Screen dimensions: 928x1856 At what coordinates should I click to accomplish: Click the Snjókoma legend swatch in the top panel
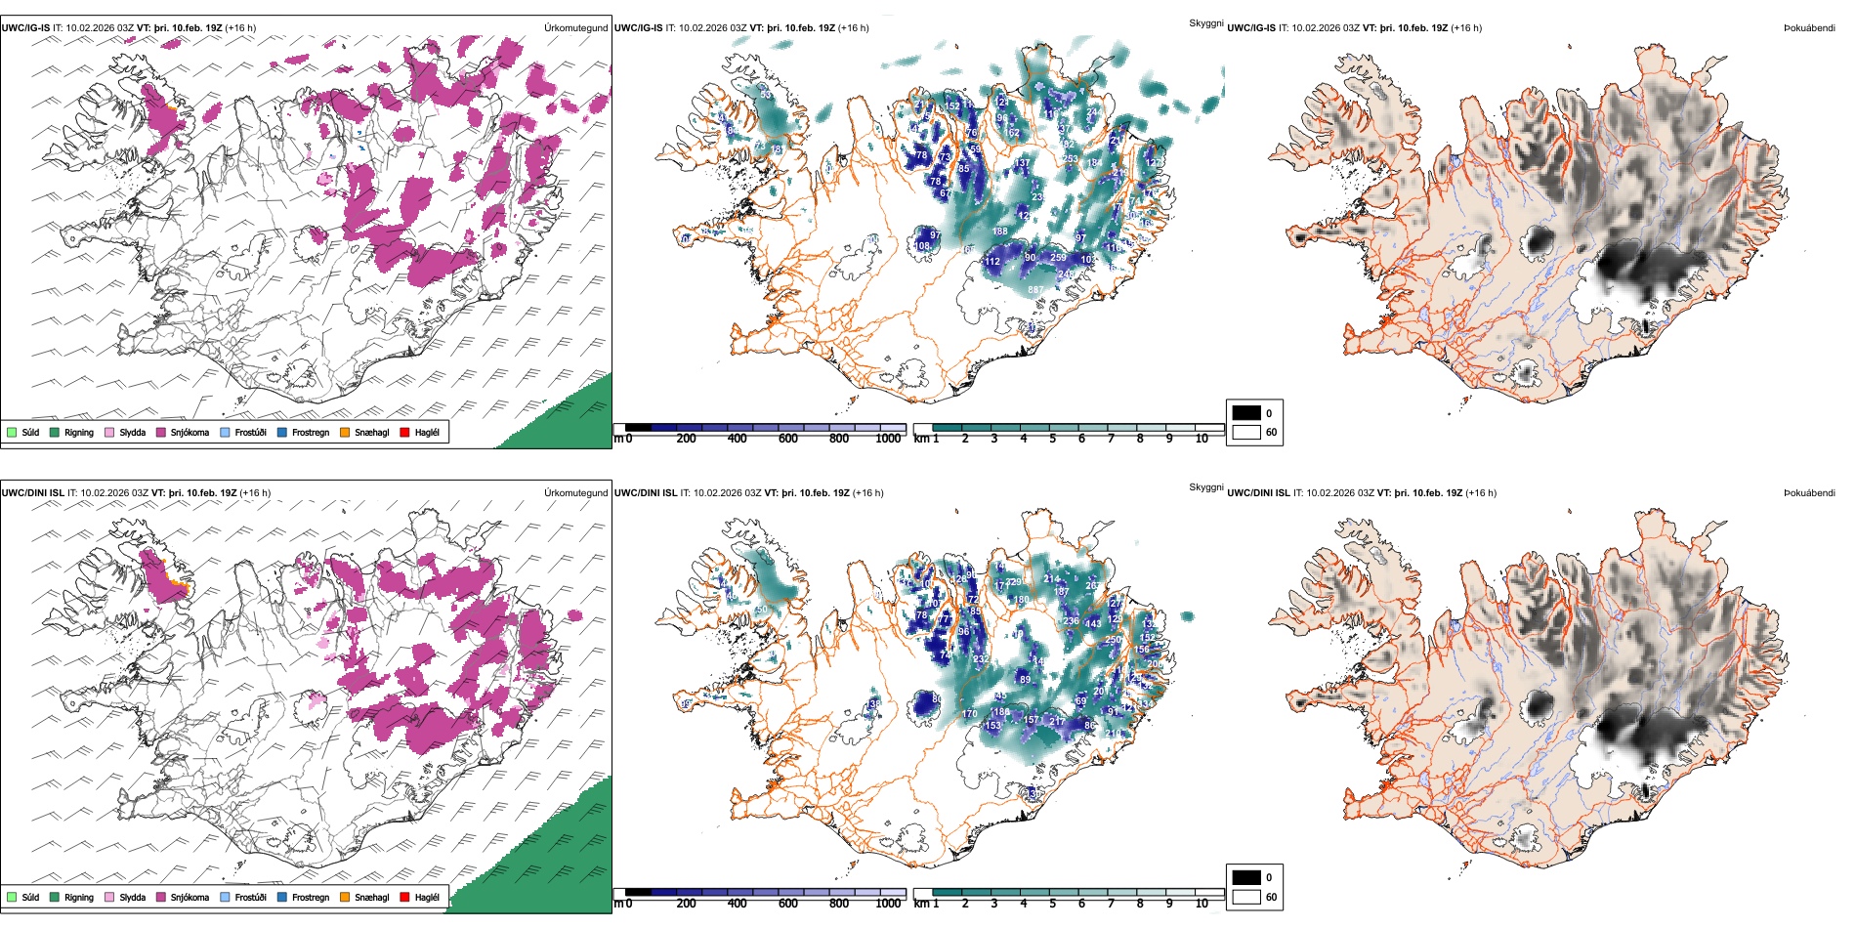pyautogui.click(x=161, y=432)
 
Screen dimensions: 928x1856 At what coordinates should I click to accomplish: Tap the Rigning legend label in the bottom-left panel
pyautogui.click(x=79, y=897)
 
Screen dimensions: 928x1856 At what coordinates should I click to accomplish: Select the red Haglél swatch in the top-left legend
pyautogui.click(x=405, y=432)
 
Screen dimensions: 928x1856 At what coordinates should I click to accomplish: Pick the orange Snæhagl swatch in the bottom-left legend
pyautogui.click(x=345, y=897)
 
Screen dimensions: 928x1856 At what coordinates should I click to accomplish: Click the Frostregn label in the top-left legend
pyautogui.click(x=311, y=432)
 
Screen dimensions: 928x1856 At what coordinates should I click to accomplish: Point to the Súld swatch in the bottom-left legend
pyautogui.click(x=12, y=897)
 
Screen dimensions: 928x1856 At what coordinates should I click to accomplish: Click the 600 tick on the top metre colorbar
pyautogui.click(x=788, y=439)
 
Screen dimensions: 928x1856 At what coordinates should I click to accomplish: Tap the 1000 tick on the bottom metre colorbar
pyautogui.click(x=888, y=904)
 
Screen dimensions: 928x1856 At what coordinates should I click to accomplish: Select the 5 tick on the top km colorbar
pyautogui.click(x=1052, y=439)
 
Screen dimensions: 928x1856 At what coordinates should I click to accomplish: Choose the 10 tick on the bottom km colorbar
pyautogui.click(x=1202, y=904)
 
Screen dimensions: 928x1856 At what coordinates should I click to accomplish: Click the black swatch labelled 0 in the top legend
pyautogui.click(x=1246, y=413)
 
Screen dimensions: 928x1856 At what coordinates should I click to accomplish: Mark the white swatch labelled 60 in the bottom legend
pyautogui.click(x=1246, y=897)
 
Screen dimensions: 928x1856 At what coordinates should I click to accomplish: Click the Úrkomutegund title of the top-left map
pyautogui.click(x=575, y=28)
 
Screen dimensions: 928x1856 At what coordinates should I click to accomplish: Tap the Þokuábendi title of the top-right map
pyautogui.click(x=1809, y=28)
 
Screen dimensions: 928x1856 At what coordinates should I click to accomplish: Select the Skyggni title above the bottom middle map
pyautogui.click(x=1205, y=487)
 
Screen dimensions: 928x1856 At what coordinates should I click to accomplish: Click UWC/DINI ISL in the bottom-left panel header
pyautogui.click(x=32, y=493)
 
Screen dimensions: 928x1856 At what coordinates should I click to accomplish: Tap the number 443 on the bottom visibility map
pyautogui.click(x=1093, y=623)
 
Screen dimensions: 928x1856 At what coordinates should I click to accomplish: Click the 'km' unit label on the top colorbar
pyautogui.click(x=921, y=439)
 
